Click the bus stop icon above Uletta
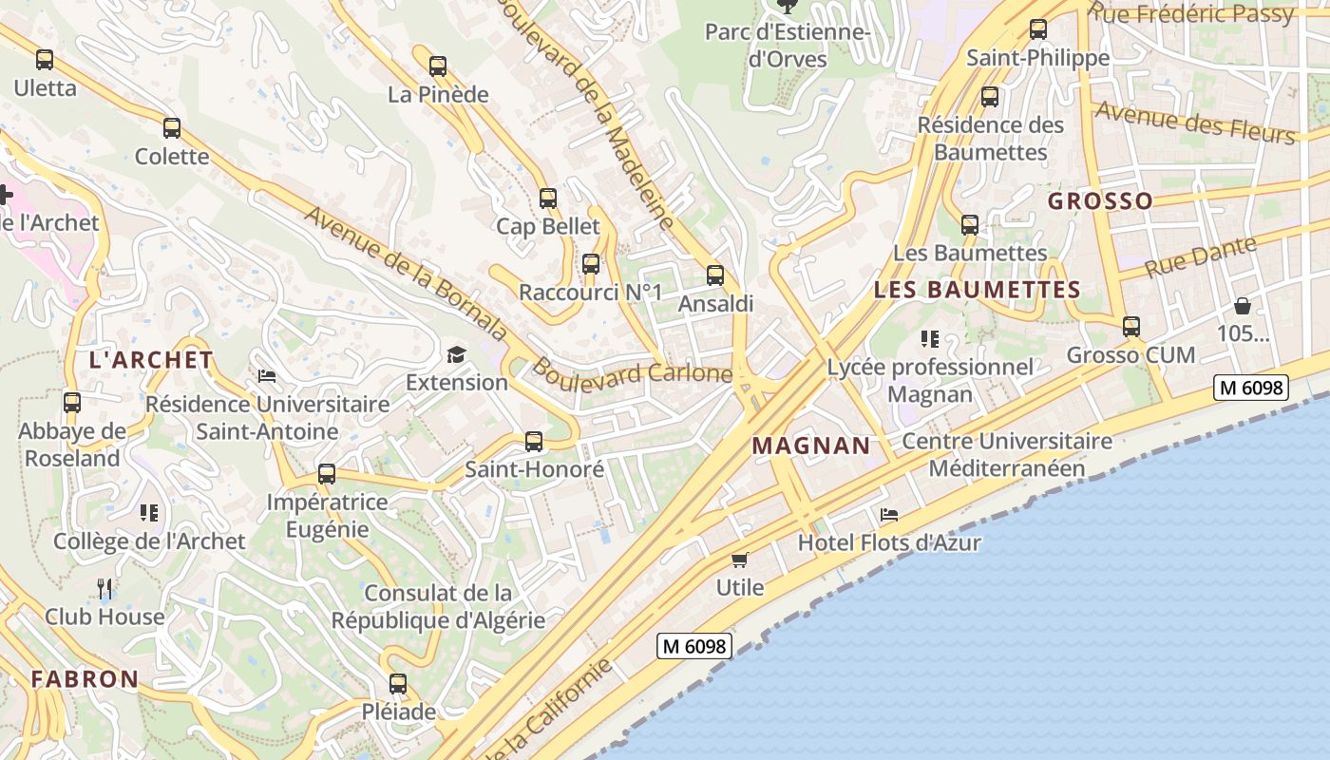45,60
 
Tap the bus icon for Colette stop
172,128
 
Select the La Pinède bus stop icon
438,66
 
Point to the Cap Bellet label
548,226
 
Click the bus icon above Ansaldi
715,275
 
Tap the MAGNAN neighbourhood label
811,445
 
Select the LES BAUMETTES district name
977,290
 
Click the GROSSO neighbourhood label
1100,201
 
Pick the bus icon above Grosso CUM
1131,327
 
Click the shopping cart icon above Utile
740,560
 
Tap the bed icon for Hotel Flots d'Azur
889,515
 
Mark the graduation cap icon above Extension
457,354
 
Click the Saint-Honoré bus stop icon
534,441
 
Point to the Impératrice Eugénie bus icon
327,473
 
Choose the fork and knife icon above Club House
104,589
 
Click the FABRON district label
85,679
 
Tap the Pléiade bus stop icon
398,683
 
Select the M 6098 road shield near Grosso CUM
1251,387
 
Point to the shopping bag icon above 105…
1243,306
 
